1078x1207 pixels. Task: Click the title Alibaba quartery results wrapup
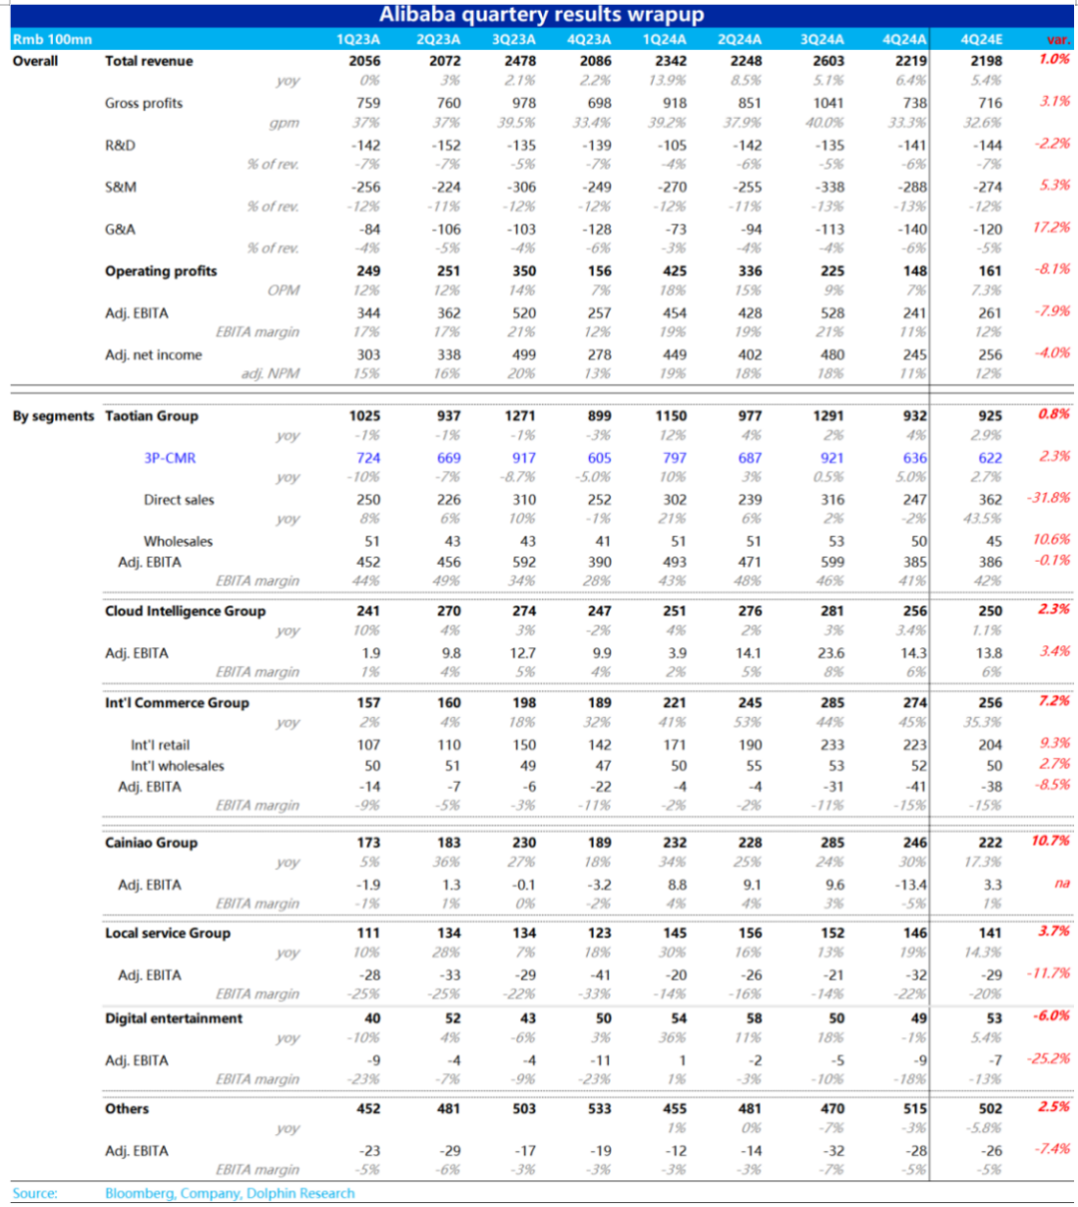[x=541, y=15]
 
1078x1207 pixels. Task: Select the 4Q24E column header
[x=981, y=40]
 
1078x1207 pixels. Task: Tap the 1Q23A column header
[x=358, y=40]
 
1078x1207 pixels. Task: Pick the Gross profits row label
[x=144, y=103]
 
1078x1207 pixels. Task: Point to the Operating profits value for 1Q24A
[x=674, y=271]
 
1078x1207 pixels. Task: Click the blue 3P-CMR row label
[x=170, y=458]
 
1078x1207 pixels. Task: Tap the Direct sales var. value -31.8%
[x=1048, y=498]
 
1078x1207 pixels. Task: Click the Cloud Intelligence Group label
[x=185, y=610]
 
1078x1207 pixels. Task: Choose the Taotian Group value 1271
[x=520, y=416]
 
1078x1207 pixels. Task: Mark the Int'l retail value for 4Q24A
[x=913, y=745]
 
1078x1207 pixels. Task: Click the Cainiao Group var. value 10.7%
[x=1050, y=841]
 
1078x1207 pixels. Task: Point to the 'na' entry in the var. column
[x=1062, y=884]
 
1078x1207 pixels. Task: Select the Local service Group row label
[x=167, y=933]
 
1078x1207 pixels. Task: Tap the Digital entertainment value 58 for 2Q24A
[x=754, y=1018]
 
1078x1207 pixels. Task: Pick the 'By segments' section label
[x=53, y=416]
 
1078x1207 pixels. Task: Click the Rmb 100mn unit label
[x=52, y=40]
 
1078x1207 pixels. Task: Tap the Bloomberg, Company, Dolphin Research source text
[x=230, y=1193]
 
